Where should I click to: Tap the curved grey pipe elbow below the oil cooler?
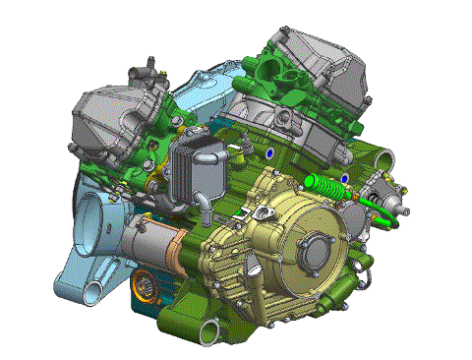pyautogui.click(x=201, y=204)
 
